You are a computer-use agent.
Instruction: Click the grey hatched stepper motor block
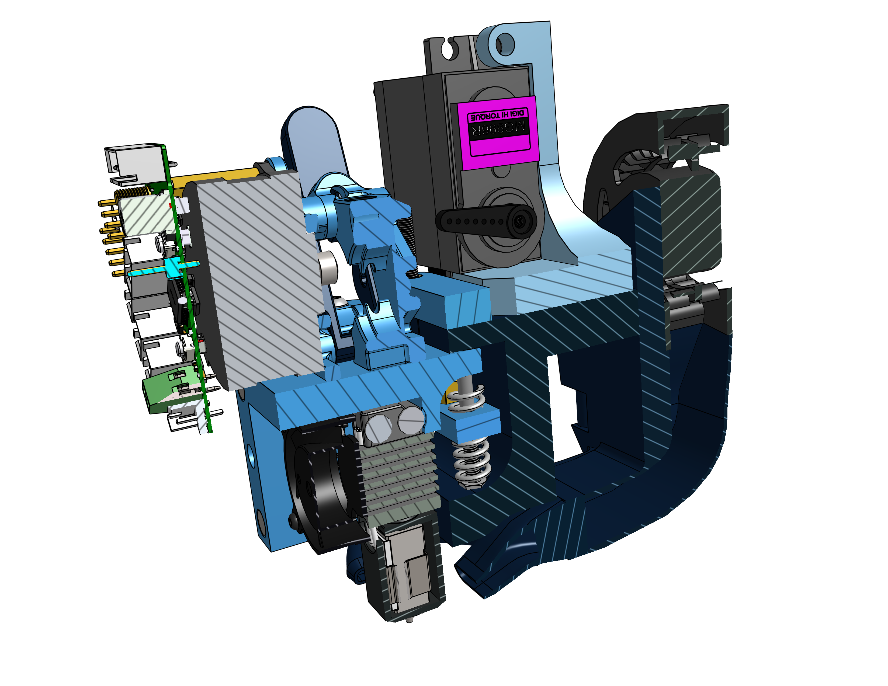point(260,280)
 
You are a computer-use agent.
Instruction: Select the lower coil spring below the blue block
point(472,463)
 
